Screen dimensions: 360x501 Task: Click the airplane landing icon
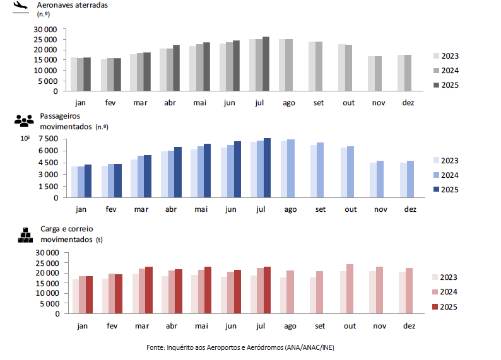click(21, 6)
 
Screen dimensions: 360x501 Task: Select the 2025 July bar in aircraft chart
click(266, 64)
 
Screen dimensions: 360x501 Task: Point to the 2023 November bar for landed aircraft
click(372, 74)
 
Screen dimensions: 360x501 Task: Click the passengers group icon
click(23, 120)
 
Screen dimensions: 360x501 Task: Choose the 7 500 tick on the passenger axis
click(48, 139)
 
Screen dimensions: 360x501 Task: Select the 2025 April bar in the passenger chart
click(178, 172)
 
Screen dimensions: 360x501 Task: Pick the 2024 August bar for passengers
click(290, 168)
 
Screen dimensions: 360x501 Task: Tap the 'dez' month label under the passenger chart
click(410, 209)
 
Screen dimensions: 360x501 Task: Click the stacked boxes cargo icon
click(25, 235)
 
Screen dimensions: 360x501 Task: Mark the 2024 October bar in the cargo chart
click(350, 289)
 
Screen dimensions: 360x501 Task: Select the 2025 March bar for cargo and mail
click(149, 290)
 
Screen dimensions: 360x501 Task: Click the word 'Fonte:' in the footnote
click(155, 347)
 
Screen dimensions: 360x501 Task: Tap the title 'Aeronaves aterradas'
click(73, 5)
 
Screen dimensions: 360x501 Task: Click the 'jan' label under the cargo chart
click(82, 325)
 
